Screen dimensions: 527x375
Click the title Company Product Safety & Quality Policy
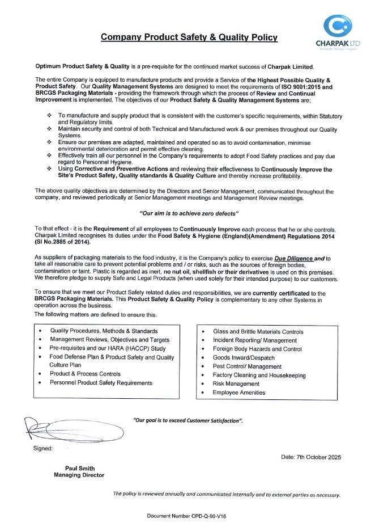189,37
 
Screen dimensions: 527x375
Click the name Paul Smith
79,468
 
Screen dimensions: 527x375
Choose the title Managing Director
79,475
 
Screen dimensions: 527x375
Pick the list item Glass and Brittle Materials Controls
258,332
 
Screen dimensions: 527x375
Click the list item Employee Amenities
238,393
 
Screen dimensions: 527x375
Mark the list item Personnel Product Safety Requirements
101,383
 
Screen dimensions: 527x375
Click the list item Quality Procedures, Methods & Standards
104,331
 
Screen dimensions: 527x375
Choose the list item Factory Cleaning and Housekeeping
259,376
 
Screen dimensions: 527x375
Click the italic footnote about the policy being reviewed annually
227,495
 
